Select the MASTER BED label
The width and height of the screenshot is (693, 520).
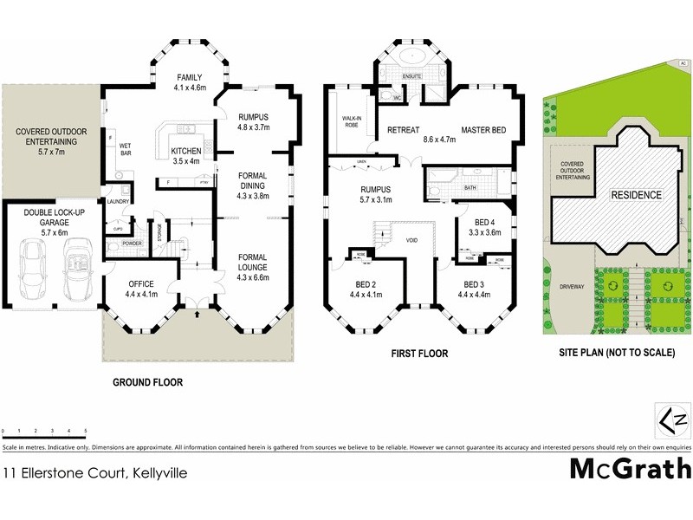pyautogui.click(x=483, y=130)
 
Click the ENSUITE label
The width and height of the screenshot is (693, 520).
pyautogui.click(x=412, y=78)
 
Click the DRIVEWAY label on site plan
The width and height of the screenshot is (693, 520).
pyautogui.click(x=573, y=284)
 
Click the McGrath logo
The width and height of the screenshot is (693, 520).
pyautogui.click(x=630, y=469)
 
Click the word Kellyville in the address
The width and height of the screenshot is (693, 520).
pyautogui.click(x=156, y=473)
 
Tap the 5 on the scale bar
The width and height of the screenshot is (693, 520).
pyautogui.click(x=86, y=431)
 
